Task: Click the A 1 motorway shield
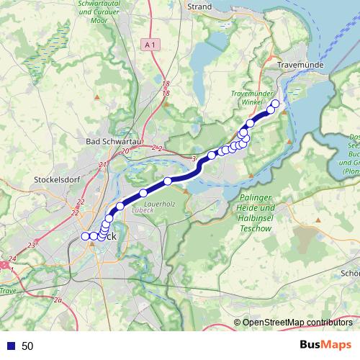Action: (x=150, y=45)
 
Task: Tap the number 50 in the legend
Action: (x=27, y=346)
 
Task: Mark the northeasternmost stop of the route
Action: (x=275, y=104)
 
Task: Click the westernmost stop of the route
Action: (x=85, y=236)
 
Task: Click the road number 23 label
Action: (x=30, y=246)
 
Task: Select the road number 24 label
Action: (x=13, y=258)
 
